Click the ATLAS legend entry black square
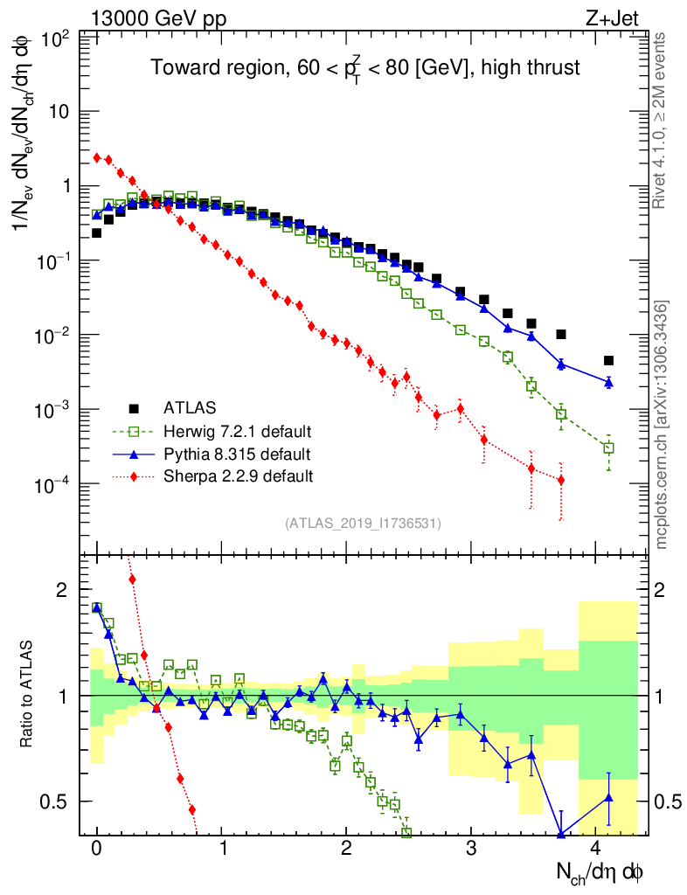134,408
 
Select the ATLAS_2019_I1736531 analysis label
363,524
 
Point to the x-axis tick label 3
472,849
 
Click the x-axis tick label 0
97,849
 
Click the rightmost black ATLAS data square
608,360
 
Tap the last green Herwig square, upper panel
608,447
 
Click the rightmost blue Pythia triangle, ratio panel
608,797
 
